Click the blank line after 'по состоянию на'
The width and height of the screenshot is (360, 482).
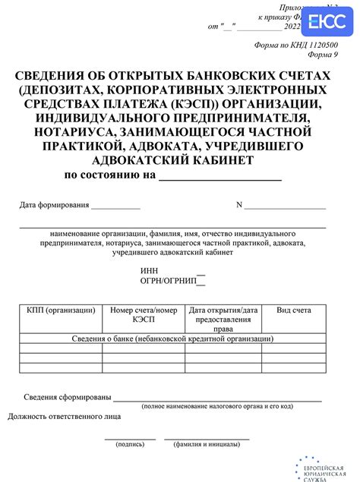(219, 177)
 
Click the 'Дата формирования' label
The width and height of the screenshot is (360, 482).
(55, 205)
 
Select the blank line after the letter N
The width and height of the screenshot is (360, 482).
(286, 206)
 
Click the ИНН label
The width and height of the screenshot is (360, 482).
(150, 271)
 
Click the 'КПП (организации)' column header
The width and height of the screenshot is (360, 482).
(61, 310)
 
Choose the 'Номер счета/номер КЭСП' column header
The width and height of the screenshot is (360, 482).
(144, 315)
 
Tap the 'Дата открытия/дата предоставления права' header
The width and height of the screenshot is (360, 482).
(223, 320)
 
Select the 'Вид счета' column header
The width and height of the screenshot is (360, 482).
(294, 310)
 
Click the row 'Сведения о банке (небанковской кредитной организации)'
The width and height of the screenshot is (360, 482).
(172, 338)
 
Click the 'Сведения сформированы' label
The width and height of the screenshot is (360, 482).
(68, 398)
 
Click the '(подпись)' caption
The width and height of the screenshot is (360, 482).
(129, 444)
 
